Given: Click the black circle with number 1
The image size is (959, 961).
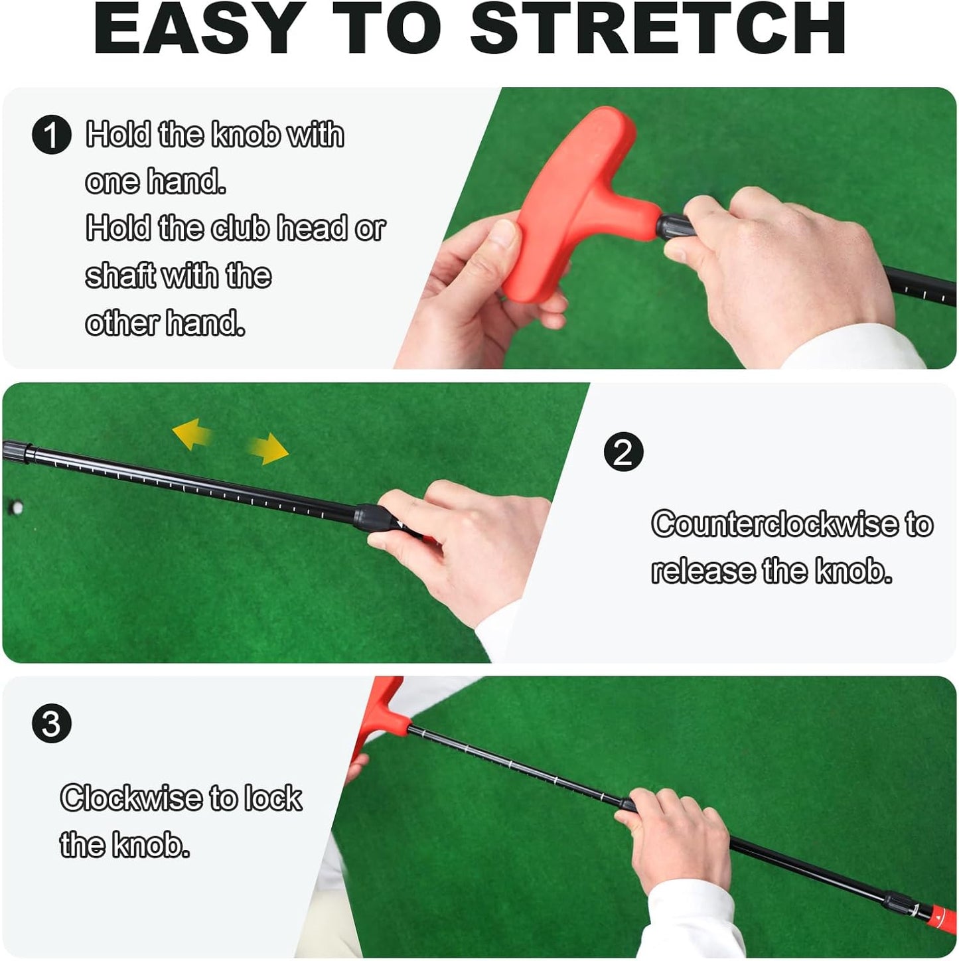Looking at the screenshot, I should coord(52,135).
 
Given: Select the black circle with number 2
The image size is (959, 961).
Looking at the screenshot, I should coord(623,452).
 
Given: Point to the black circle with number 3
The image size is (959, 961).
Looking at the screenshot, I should coord(52,723).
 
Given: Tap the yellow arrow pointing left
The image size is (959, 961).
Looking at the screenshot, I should coord(192,433).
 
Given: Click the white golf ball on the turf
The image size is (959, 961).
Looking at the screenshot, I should coord(16,509).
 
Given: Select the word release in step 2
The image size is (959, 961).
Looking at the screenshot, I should coord(703,571).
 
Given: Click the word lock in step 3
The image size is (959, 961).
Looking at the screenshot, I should coord(273,798).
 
